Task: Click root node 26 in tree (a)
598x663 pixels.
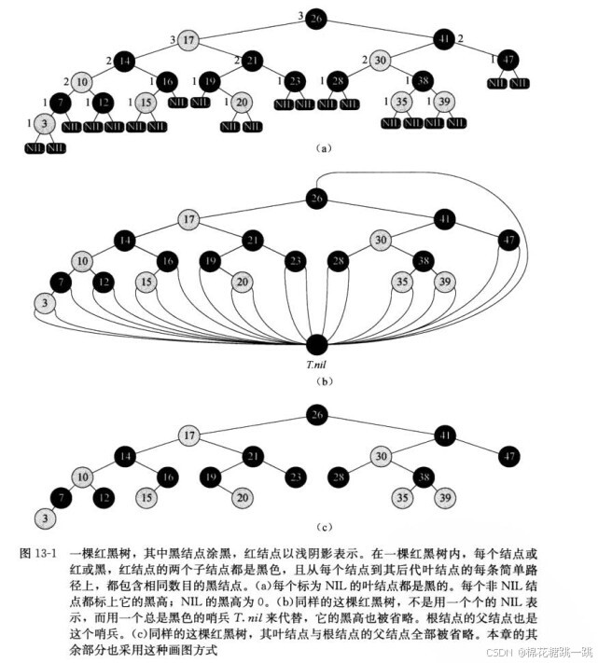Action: [x=316, y=18]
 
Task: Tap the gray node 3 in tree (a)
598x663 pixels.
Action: [x=43, y=122]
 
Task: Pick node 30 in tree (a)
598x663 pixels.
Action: [x=379, y=61]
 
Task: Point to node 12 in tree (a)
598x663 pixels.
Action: [x=104, y=102]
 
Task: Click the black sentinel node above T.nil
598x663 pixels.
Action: [x=317, y=344]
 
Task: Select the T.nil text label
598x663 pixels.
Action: [x=317, y=366]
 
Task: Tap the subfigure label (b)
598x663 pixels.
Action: [x=319, y=380]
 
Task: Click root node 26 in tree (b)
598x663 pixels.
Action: [x=316, y=198]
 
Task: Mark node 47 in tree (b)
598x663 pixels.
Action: [x=508, y=241]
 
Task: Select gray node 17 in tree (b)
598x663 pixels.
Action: [x=188, y=220]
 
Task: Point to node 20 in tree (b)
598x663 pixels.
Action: [x=242, y=282]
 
